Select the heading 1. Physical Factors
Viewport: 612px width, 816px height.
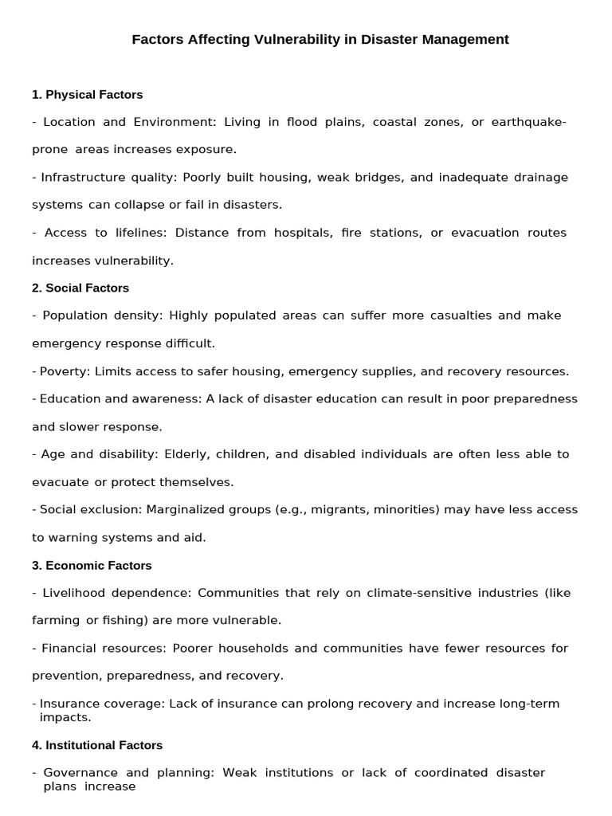click(x=87, y=95)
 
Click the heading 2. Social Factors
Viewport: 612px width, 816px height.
click(x=80, y=288)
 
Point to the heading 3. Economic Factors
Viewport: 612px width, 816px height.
click(x=92, y=565)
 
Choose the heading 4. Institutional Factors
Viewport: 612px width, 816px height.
click(x=97, y=745)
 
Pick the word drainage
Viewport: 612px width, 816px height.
click(x=540, y=177)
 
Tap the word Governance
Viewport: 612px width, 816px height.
click(x=80, y=772)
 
